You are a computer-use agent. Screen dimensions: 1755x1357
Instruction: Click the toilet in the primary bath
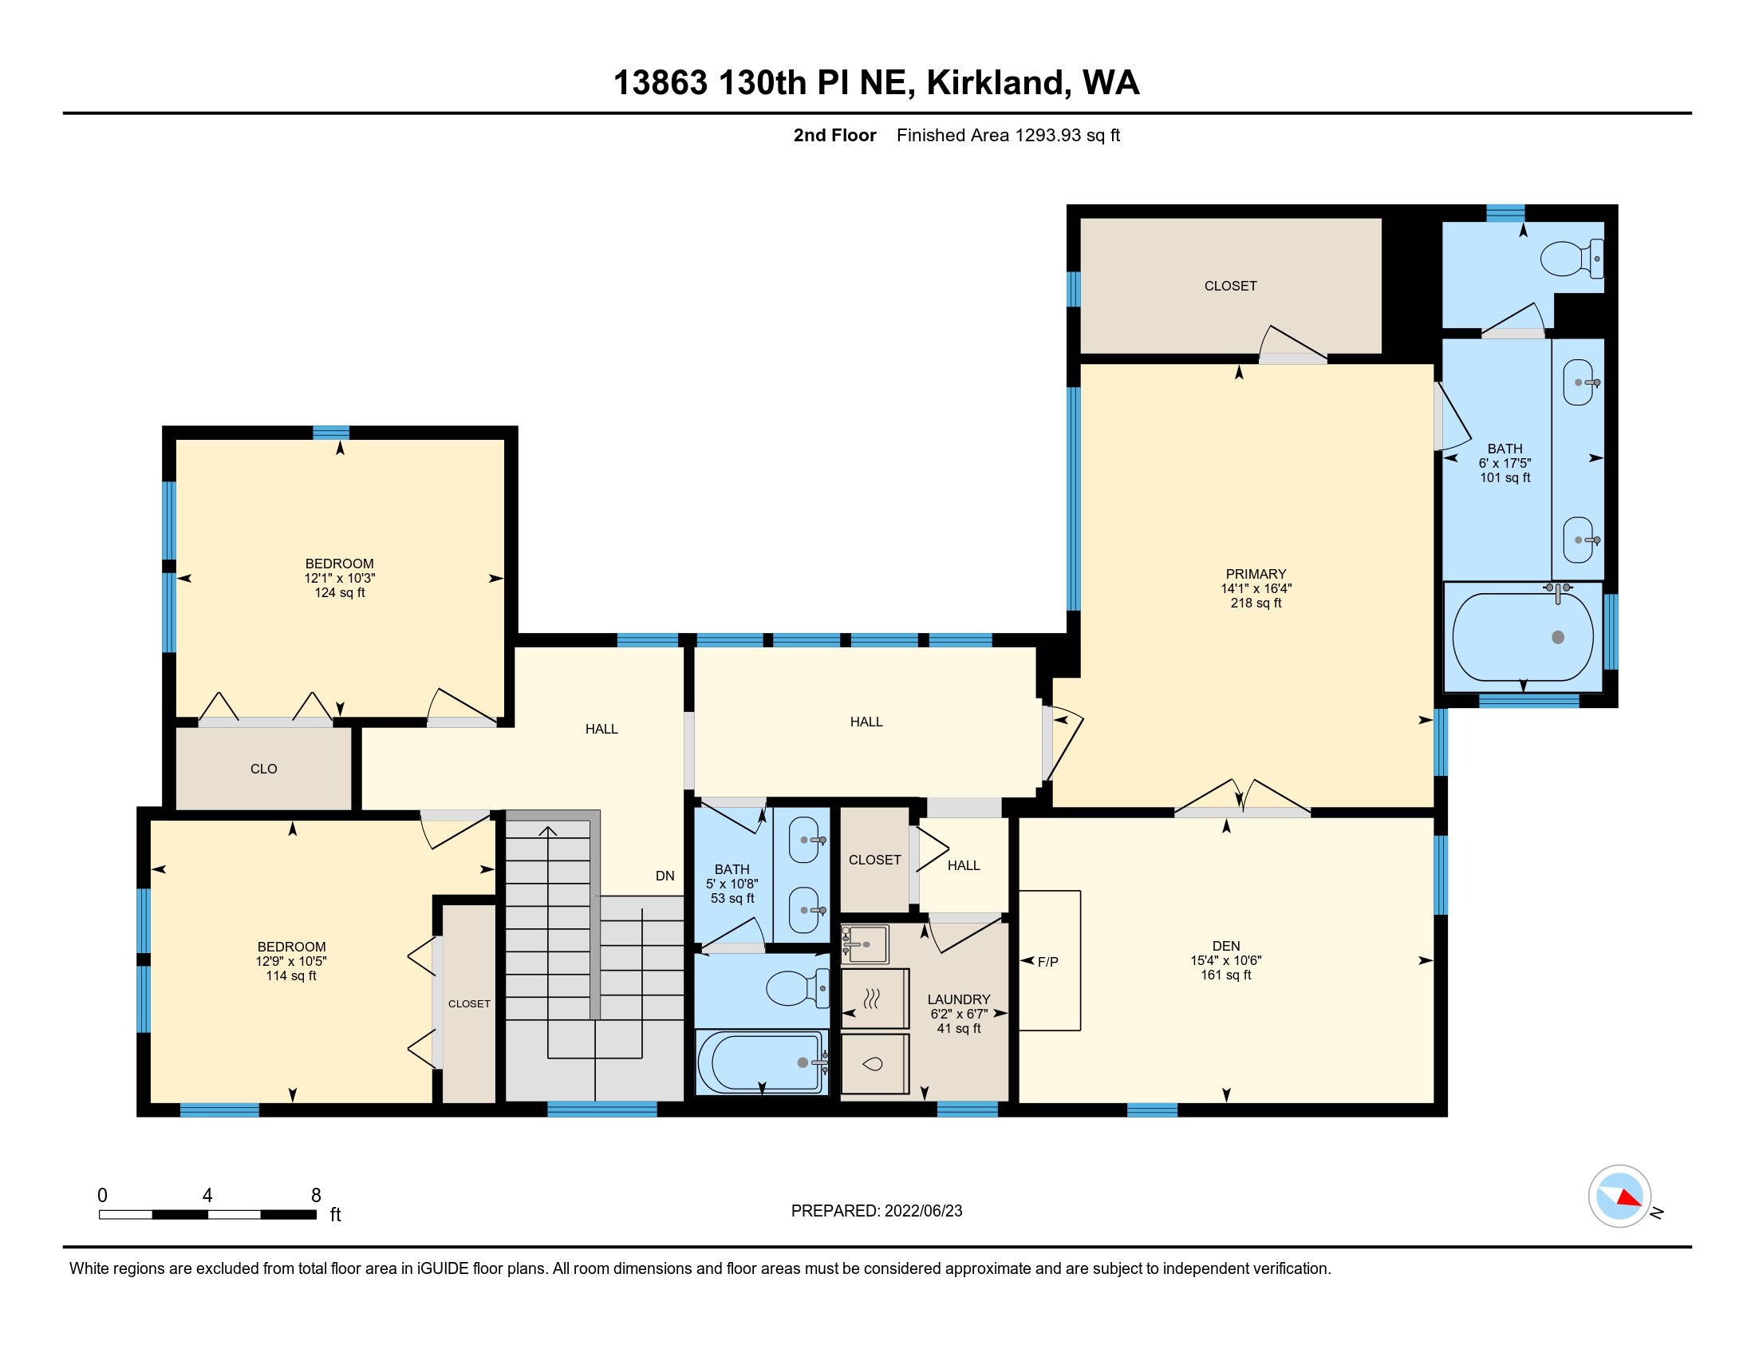click(x=1572, y=259)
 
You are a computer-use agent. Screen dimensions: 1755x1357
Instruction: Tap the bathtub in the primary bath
click(x=1523, y=637)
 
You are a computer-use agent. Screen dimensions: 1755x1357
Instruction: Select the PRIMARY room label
click(x=1256, y=574)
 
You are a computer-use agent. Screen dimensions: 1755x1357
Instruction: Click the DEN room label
click(x=1226, y=946)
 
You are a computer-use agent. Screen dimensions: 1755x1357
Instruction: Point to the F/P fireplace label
click(x=1048, y=962)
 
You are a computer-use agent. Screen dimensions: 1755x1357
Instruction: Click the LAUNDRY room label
click(x=959, y=999)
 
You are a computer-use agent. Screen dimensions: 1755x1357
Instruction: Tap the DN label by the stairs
click(x=665, y=876)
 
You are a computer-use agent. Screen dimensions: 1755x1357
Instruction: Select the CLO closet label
click(x=263, y=769)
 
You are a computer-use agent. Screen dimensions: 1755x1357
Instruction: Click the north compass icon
click(x=1619, y=1197)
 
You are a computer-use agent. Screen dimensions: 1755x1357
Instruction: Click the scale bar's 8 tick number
click(x=316, y=1196)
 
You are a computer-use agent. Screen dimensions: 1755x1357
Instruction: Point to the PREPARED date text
click(x=877, y=1211)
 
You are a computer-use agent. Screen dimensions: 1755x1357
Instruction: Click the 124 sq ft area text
click(x=339, y=592)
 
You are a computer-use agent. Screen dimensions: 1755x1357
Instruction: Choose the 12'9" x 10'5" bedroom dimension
click(x=291, y=962)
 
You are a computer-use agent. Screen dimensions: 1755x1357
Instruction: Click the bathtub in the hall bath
click(x=761, y=1062)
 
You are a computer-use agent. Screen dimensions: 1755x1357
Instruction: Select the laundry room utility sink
click(x=865, y=944)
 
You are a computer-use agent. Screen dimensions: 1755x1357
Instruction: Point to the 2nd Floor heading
click(x=835, y=135)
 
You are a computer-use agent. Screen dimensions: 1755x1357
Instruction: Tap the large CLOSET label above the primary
click(x=1230, y=287)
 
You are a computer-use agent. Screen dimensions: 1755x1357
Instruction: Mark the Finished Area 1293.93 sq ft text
click(x=1008, y=135)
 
